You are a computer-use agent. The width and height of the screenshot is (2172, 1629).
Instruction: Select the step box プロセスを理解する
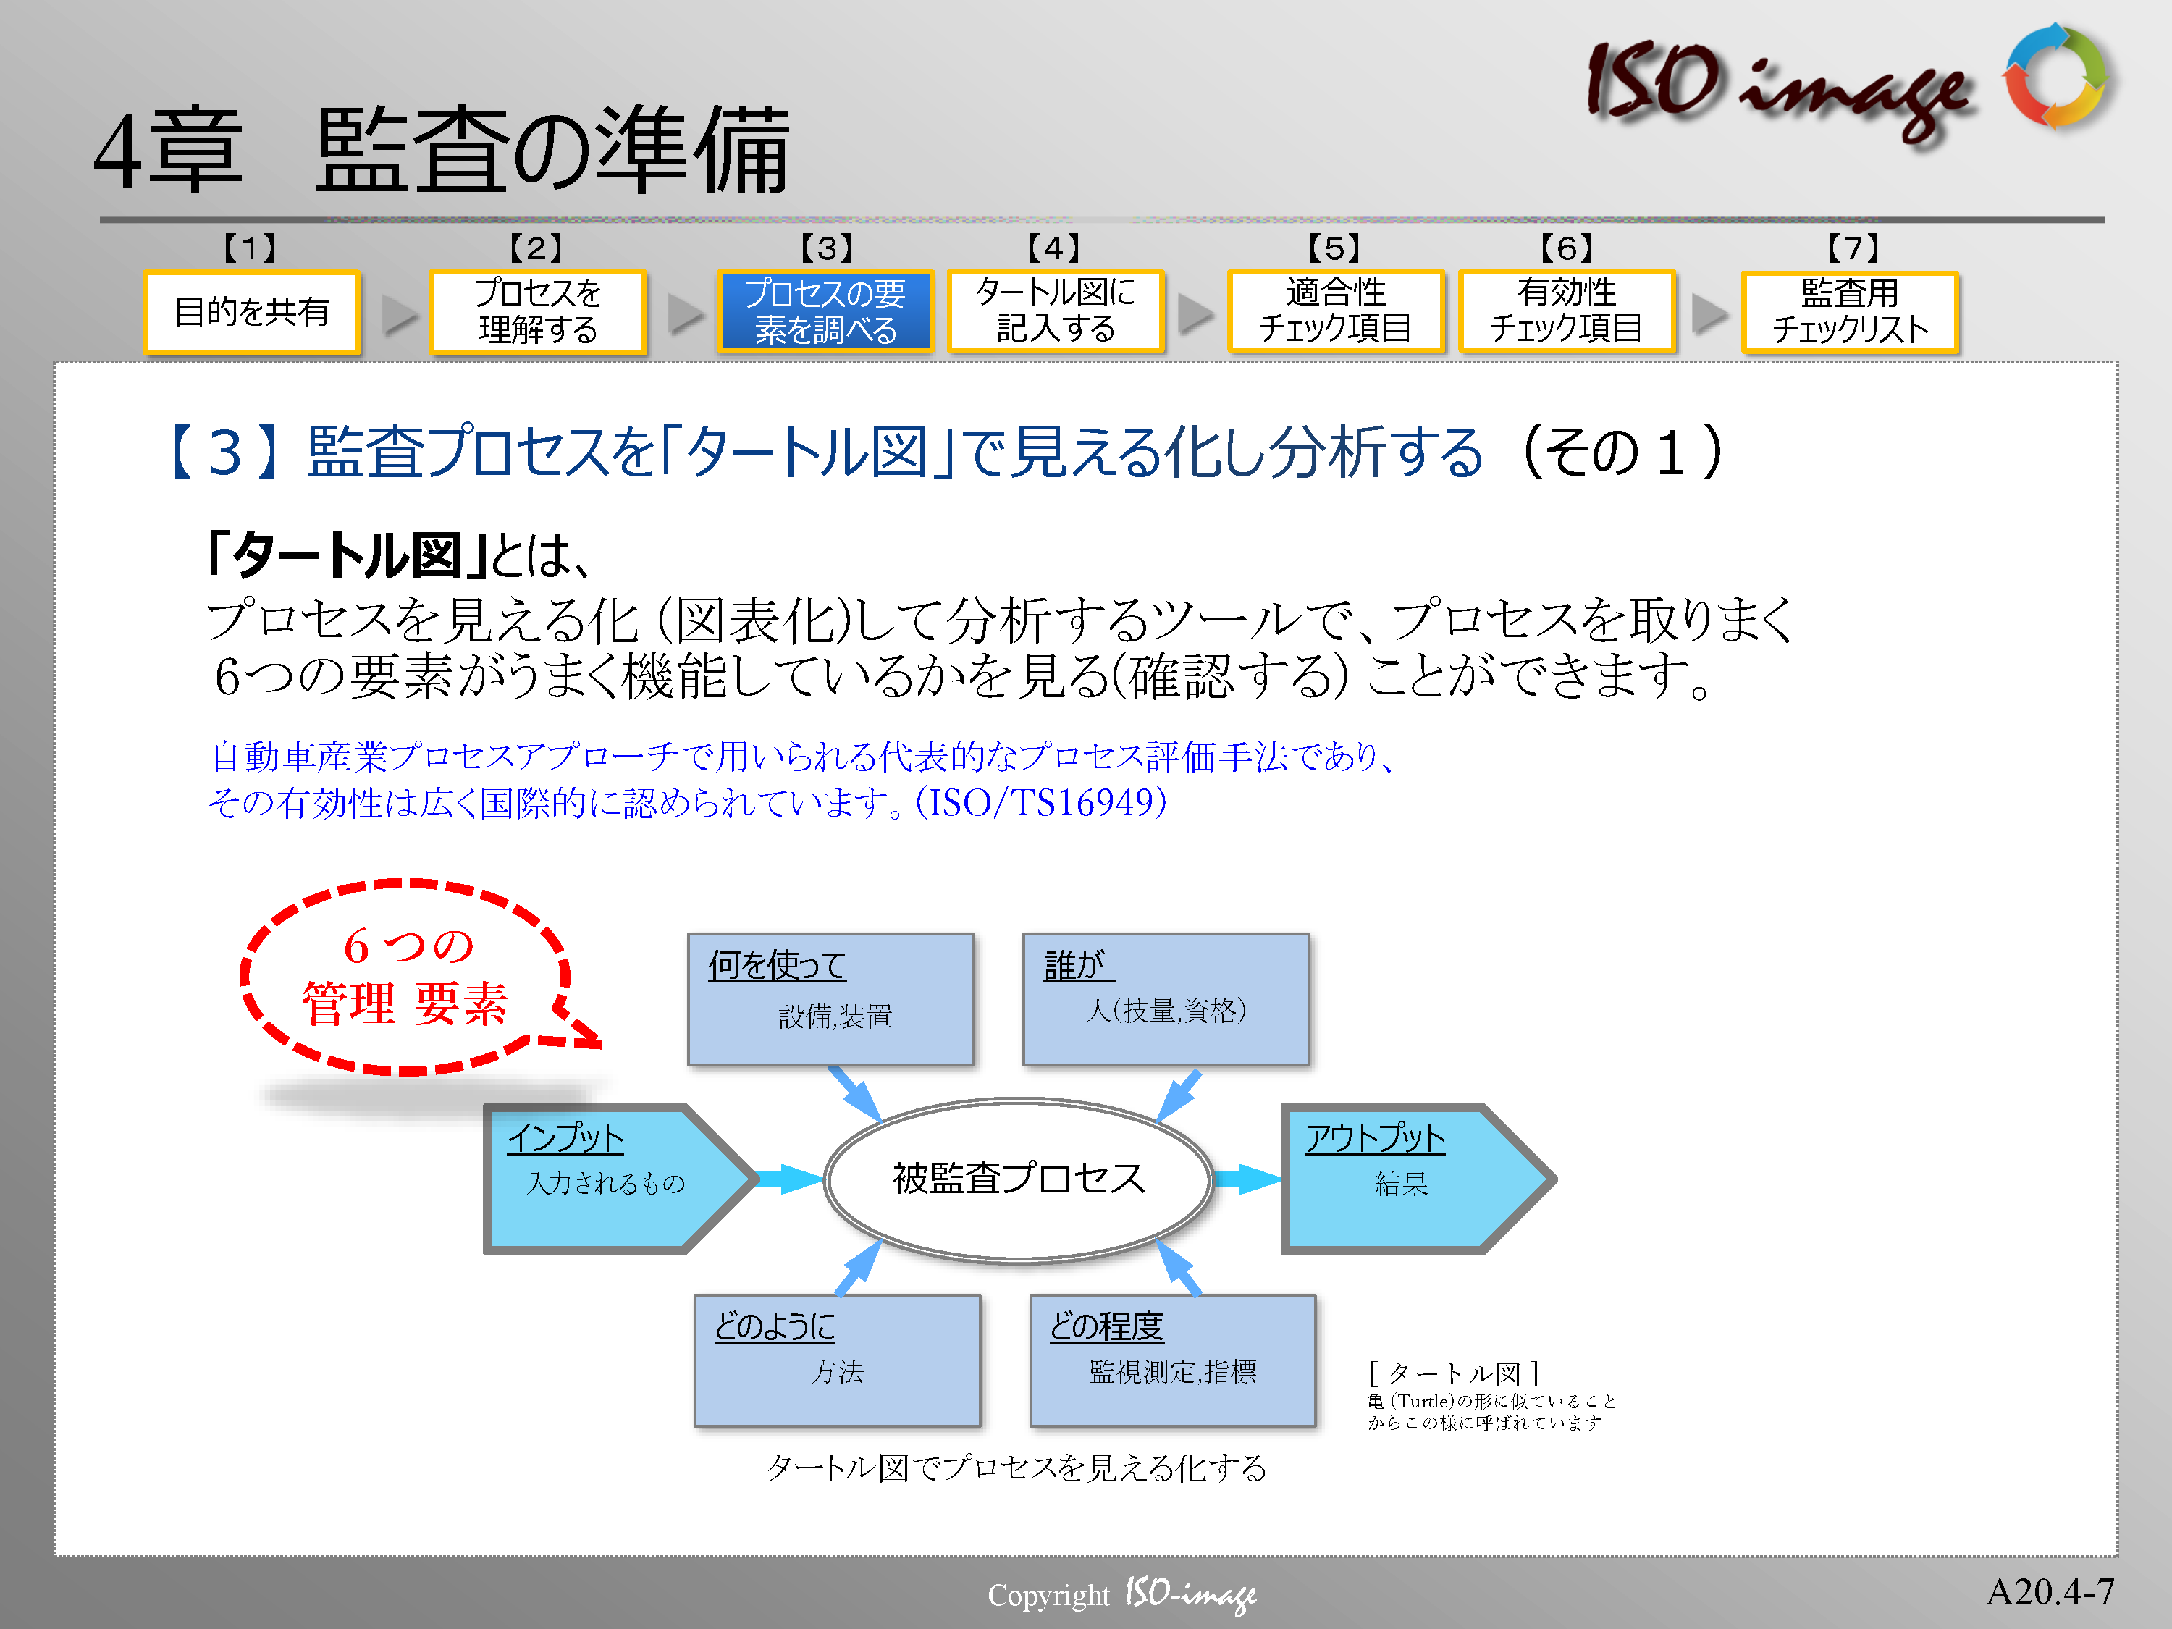tap(538, 311)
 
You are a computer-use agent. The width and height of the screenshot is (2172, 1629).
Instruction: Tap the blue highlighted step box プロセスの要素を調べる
tap(825, 311)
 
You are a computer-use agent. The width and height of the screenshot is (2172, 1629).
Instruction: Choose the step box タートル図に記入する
tap(1056, 311)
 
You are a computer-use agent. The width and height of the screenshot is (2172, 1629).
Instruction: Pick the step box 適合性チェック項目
tap(1335, 311)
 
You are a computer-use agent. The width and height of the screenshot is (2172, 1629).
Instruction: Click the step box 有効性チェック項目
tap(1567, 311)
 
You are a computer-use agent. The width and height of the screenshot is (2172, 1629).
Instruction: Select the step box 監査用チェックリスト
tap(1850, 311)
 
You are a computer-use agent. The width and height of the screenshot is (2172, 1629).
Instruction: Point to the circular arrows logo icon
tap(2056, 77)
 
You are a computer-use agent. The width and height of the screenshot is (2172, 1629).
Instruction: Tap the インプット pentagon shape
tap(618, 1178)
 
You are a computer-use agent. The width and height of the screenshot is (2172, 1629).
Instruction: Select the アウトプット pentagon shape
tap(1417, 1178)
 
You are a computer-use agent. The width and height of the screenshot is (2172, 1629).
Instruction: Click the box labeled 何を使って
tap(830, 998)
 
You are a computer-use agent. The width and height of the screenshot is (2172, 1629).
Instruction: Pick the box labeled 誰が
tap(1166, 998)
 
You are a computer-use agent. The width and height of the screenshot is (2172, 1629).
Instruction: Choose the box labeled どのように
tap(837, 1360)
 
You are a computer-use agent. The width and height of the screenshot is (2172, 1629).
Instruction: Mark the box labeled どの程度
tap(1172, 1360)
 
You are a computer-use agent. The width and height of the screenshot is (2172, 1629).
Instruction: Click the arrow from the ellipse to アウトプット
tap(1247, 1178)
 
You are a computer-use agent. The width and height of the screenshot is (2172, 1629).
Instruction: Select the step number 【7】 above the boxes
tap(1853, 248)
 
